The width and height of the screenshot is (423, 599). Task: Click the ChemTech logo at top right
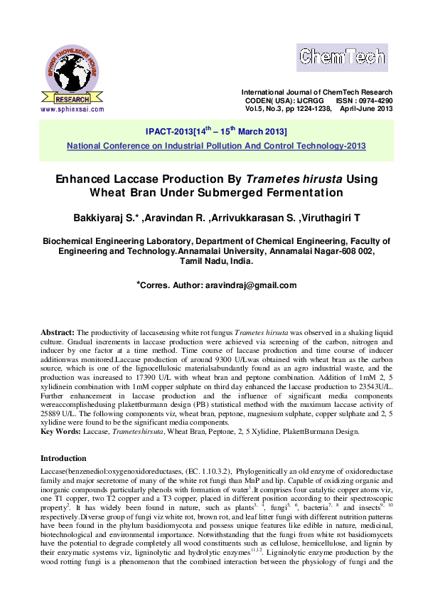341,57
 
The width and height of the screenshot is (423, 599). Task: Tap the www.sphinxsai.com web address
72,110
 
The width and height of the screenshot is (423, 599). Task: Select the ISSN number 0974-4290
376,101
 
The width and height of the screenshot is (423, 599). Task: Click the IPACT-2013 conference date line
216,132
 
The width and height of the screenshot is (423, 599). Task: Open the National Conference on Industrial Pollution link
216,145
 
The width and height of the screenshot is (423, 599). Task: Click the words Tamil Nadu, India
216,261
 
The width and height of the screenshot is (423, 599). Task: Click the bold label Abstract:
58,332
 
